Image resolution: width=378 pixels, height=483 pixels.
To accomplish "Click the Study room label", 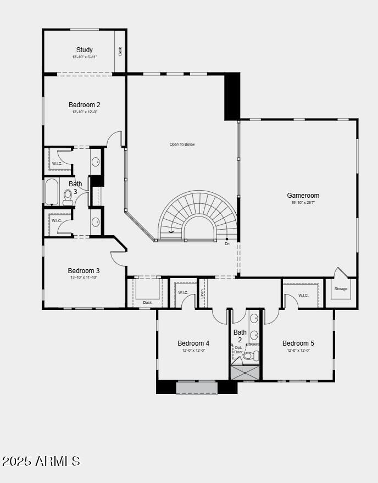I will [x=85, y=49].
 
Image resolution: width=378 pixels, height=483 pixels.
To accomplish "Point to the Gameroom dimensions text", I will [x=303, y=203].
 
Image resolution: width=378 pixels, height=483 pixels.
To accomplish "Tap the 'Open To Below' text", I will [x=182, y=145].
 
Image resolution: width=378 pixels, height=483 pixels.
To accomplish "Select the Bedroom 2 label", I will [x=85, y=104].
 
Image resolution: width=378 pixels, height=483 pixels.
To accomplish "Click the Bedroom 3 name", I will [x=84, y=270].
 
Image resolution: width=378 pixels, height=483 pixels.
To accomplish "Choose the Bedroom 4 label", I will [x=193, y=343].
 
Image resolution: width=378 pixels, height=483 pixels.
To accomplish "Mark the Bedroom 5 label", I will [x=298, y=343].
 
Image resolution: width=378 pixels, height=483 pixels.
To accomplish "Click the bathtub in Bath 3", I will [x=53, y=192].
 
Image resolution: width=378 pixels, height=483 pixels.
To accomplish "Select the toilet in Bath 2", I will [x=249, y=356].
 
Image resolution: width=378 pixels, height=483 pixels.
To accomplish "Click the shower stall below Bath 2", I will [x=245, y=373].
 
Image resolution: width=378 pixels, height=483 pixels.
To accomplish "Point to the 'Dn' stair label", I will [x=227, y=243].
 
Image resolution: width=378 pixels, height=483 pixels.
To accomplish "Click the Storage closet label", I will [x=341, y=288].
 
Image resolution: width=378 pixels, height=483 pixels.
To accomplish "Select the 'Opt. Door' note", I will [x=238, y=350].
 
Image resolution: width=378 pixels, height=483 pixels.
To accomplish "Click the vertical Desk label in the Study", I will [x=120, y=51].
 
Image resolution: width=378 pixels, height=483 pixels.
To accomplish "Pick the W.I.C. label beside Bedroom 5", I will [x=303, y=295].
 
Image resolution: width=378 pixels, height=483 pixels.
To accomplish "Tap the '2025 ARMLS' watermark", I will [x=41, y=461].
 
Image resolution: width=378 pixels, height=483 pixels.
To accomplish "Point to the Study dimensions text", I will [x=85, y=57].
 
